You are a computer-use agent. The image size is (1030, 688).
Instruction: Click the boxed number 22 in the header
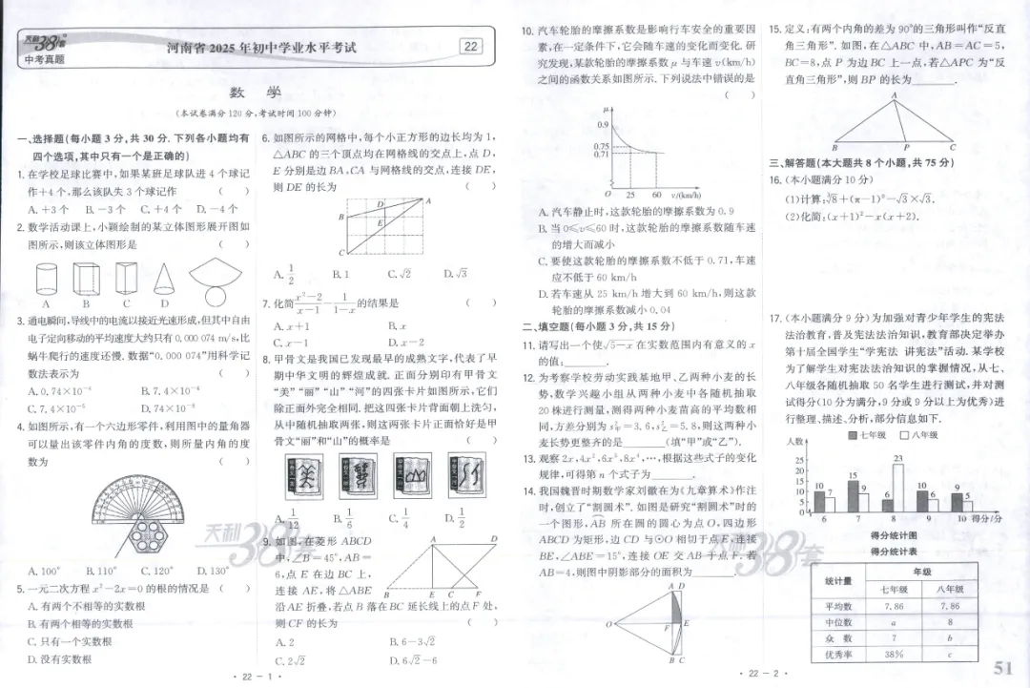click(470, 47)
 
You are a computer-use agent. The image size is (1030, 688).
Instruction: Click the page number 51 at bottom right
click(1003, 667)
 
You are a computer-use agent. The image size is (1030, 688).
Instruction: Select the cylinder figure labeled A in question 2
click(47, 279)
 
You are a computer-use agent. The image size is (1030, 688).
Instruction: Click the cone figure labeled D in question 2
click(164, 279)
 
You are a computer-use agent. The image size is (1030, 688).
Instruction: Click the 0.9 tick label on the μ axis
click(603, 125)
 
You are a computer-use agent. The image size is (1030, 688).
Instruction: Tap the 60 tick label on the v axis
click(656, 194)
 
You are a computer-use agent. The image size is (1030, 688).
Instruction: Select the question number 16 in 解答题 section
click(775, 178)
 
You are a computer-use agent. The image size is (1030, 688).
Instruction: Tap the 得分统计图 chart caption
click(893, 537)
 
